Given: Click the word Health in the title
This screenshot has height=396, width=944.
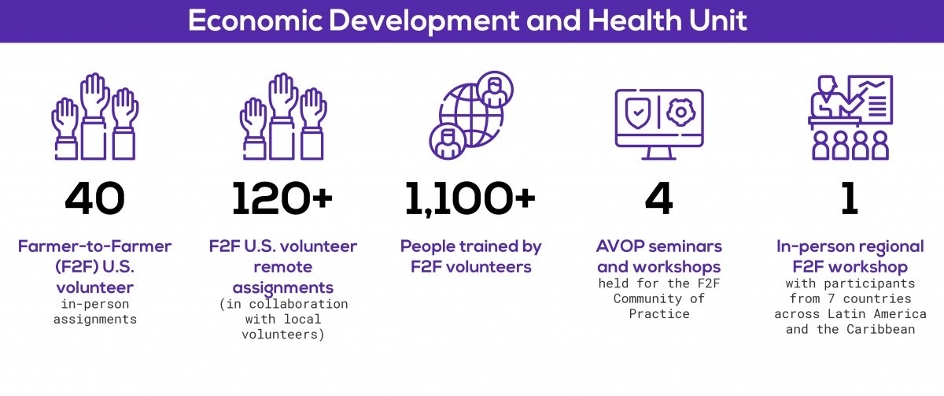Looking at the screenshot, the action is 635,20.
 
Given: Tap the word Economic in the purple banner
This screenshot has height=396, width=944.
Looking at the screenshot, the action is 255,20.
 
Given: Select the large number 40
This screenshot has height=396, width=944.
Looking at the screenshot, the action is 95,198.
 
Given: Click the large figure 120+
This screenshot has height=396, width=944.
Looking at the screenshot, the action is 282,198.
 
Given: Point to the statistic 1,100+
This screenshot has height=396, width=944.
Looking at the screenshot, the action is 470,199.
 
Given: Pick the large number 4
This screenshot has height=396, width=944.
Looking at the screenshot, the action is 658,198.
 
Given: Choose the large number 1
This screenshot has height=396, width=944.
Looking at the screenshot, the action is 850,198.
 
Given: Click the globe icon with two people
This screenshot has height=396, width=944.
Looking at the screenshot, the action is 470,115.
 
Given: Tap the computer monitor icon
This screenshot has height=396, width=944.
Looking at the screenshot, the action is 659,124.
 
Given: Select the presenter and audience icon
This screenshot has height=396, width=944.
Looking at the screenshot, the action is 850,117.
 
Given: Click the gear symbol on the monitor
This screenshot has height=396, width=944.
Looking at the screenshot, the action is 681,113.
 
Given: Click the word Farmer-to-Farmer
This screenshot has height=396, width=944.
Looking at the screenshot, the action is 95,246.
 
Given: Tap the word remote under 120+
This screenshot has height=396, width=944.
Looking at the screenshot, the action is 282,267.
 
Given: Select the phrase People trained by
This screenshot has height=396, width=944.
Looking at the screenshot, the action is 470,246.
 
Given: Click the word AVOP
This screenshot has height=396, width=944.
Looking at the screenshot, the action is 621,246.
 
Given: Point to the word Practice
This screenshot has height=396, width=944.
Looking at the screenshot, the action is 659,314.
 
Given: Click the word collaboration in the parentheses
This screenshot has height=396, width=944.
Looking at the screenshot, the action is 298,304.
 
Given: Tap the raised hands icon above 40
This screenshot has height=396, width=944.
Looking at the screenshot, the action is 95,117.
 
